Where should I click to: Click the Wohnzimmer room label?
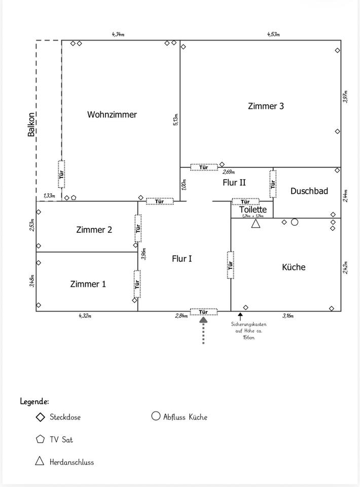click(x=112, y=115)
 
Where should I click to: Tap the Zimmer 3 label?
click(x=266, y=106)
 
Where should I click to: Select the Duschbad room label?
click(x=309, y=191)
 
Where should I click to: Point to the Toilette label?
click(x=253, y=210)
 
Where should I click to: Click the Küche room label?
click(x=294, y=267)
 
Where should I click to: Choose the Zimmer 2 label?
click(x=94, y=230)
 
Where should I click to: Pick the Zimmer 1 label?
click(x=88, y=284)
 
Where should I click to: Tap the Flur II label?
click(x=234, y=183)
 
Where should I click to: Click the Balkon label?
click(x=31, y=124)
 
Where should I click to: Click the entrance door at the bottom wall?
click(x=203, y=311)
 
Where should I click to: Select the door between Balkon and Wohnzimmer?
click(x=61, y=174)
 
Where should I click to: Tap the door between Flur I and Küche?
click(x=231, y=264)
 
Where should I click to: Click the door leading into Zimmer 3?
click(x=204, y=167)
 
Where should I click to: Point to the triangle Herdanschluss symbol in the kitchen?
click(x=256, y=223)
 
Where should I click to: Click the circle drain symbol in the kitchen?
click(x=294, y=222)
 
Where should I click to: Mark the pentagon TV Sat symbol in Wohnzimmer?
click(x=74, y=197)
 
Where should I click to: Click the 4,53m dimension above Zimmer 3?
click(x=274, y=34)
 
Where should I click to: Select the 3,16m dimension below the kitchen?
click(x=287, y=316)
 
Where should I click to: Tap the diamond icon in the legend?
click(x=40, y=418)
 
